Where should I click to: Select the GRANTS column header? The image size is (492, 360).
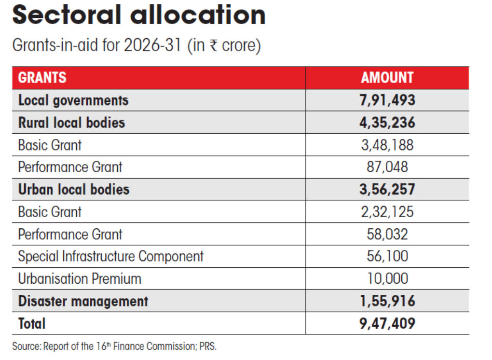coord(42,78)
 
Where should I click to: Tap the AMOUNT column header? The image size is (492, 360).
coord(387,78)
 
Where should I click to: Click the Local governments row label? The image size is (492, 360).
coord(73,100)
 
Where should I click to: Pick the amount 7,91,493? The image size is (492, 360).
coord(387,100)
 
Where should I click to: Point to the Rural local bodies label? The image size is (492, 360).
coord(71,123)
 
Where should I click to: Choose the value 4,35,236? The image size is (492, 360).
coord(387,123)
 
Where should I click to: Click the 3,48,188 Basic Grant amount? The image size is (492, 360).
coord(387,145)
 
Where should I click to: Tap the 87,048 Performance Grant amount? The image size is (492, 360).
coord(387,167)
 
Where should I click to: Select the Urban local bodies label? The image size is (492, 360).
coord(74,189)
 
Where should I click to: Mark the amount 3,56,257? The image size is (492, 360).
coord(387,189)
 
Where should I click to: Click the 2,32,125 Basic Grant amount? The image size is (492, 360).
coord(387,212)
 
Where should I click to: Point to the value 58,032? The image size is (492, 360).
coord(387,234)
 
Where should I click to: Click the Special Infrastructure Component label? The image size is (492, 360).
coord(111,256)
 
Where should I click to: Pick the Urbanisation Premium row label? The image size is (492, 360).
coord(80,278)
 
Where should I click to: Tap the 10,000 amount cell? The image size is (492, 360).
coord(387,278)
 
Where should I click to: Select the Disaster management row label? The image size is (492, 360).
coord(83,301)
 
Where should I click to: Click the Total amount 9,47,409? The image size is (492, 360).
coord(387,323)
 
